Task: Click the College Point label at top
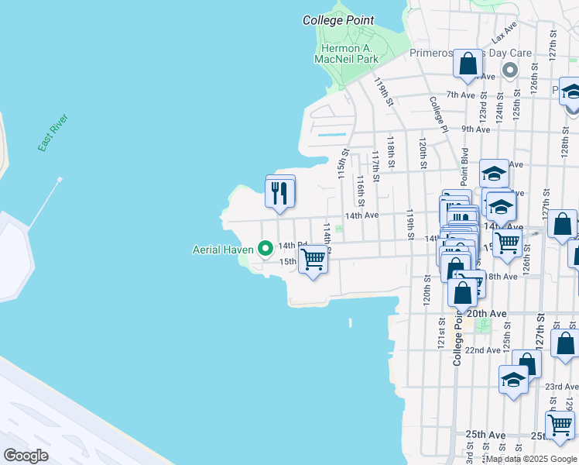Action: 338,21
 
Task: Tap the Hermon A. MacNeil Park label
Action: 349,53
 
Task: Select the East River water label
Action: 53,133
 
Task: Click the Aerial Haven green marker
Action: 266,249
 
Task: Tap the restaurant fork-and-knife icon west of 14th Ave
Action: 280,193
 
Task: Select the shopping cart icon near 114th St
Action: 313,258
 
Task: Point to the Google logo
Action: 26,456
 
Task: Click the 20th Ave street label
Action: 487,313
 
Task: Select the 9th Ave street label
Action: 475,129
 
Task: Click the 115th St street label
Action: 342,164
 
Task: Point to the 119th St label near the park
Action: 383,91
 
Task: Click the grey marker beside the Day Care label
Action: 509,71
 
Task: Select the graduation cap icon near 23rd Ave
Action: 513,380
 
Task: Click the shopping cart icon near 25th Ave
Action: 560,424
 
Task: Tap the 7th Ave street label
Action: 460,95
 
